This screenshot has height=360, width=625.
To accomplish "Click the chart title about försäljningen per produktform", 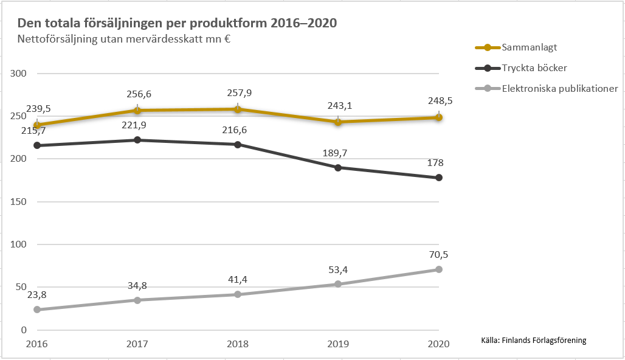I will coord(177,24).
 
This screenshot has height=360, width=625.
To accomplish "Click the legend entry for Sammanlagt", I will coord(529,47).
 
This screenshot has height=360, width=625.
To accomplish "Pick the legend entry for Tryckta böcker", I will coord(534,68).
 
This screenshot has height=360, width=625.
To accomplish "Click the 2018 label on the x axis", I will coord(238,344).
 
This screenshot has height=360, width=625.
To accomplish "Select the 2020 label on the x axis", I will coord(438,344).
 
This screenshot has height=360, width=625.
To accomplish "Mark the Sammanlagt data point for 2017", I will coord(137,110).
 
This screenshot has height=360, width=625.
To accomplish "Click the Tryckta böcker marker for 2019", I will coord(338,167).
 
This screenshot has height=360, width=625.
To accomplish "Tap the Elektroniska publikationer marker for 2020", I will coord(438,269).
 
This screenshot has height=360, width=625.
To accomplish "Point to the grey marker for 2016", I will coord(37,310).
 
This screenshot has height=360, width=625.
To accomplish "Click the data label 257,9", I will coord(238,94).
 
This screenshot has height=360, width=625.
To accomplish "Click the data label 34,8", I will coord(137,285).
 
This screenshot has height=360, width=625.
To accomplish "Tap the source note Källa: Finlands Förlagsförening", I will coord(533,340).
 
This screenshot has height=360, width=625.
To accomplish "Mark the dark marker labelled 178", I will coord(438,178).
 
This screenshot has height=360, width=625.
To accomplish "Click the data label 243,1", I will coord(338,106).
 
